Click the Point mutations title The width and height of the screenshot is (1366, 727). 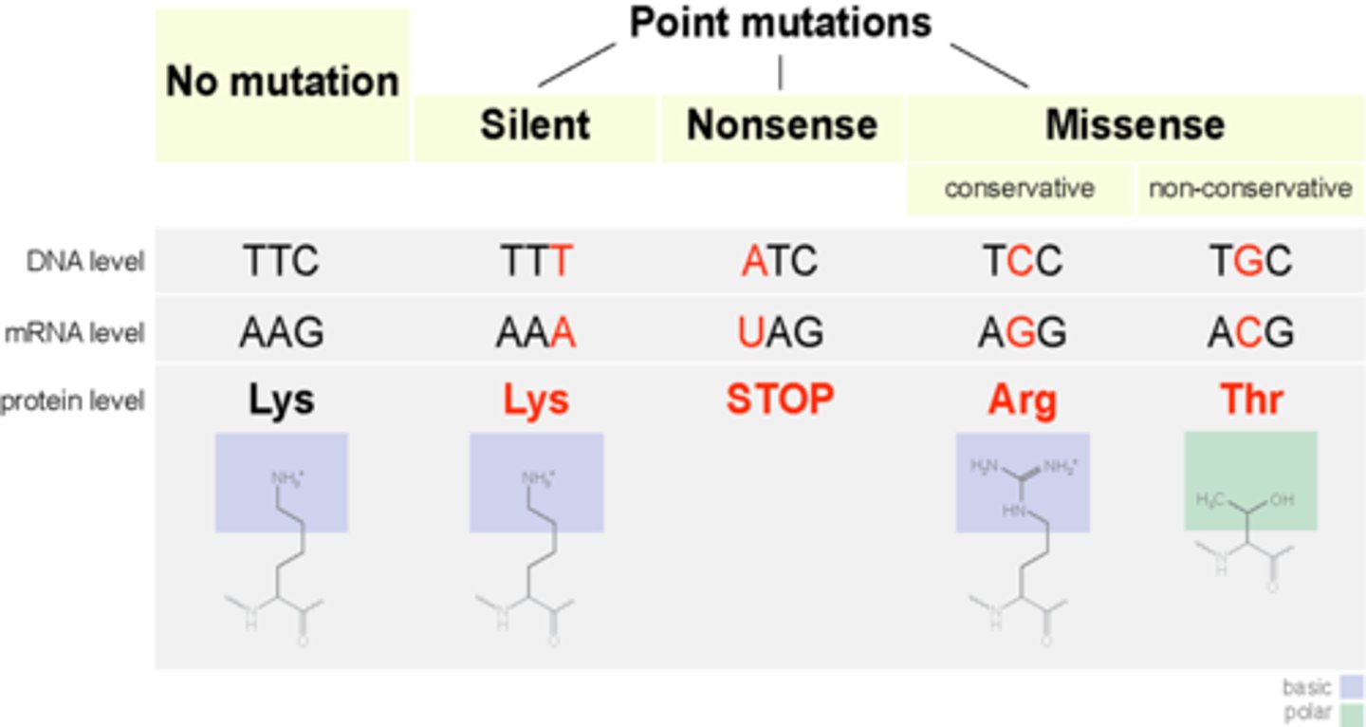780,24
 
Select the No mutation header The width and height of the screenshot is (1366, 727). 282,82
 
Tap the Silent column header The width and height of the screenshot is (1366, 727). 535,125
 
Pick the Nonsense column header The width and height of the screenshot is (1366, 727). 782,125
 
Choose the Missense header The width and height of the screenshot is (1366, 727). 1135,125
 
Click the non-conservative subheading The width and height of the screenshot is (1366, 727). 1250,189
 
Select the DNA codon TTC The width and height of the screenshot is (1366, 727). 281,261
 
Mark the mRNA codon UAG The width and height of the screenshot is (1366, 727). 780,332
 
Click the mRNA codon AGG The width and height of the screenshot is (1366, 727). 1023,332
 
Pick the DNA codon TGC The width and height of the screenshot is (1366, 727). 1250,261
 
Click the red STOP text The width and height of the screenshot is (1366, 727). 780,401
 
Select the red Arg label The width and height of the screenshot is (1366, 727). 1023,401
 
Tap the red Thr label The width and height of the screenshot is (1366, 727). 1250,401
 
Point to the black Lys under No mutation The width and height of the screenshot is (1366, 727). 281,401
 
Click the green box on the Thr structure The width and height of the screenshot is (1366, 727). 1250,480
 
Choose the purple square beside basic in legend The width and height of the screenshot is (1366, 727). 1351,686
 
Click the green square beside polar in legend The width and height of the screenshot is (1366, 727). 1351,714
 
